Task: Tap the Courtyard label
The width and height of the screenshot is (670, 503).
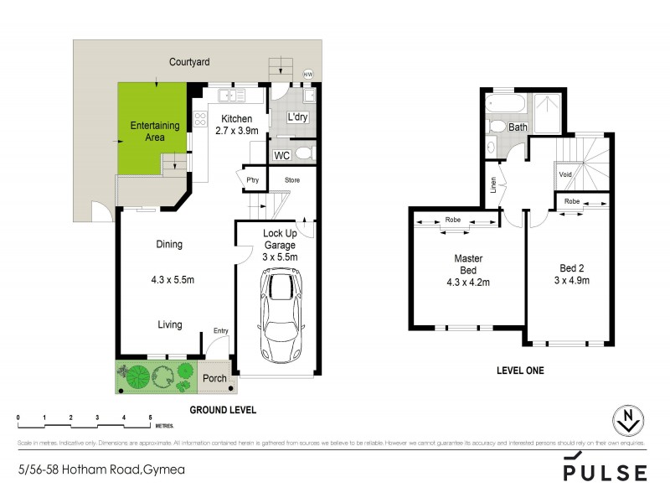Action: [188, 62]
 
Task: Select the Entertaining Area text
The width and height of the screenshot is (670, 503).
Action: [154, 132]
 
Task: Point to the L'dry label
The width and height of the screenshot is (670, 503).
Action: [298, 118]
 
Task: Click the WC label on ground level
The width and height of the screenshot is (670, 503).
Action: [282, 155]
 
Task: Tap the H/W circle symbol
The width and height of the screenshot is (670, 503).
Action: [307, 74]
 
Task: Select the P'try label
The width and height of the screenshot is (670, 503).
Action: [251, 180]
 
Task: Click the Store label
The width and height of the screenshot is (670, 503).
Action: [291, 180]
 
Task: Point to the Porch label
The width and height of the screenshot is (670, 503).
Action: [215, 379]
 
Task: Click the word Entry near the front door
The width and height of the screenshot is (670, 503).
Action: [220, 330]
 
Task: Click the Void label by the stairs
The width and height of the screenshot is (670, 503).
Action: [565, 174]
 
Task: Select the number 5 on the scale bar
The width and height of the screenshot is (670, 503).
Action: [150, 417]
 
